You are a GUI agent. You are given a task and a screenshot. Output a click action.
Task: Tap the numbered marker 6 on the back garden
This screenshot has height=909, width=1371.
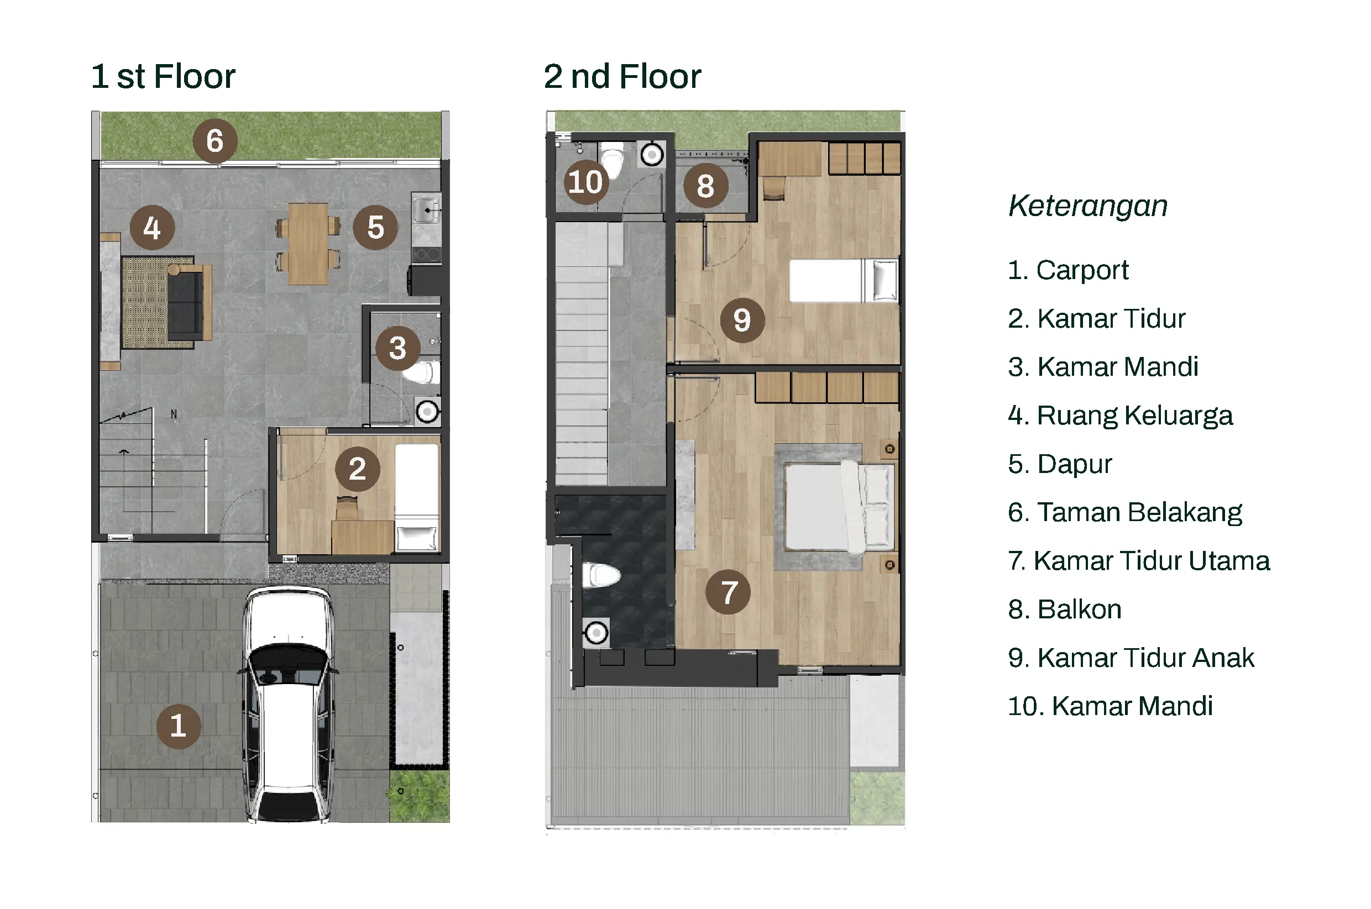click(214, 140)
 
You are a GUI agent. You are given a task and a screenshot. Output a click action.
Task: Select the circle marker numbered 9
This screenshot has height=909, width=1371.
click(742, 320)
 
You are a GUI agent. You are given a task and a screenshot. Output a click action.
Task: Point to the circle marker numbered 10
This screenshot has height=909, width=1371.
click(586, 182)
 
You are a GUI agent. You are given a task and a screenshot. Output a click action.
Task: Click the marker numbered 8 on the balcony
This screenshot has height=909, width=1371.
click(705, 186)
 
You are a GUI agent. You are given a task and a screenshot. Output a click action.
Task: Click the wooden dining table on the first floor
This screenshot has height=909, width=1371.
click(308, 244)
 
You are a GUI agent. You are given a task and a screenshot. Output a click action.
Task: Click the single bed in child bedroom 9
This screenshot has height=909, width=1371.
click(844, 280)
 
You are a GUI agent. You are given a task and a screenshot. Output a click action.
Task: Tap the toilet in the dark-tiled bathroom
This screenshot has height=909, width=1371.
click(601, 575)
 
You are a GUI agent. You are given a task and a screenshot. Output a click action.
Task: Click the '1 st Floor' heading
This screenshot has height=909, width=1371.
click(163, 76)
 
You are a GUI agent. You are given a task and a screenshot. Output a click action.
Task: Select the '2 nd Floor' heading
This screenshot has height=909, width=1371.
click(622, 76)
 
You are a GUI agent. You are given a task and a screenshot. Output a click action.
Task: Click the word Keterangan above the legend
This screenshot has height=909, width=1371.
click(1087, 206)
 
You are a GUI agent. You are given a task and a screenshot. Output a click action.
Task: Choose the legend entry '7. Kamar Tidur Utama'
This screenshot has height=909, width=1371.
click(1138, 560)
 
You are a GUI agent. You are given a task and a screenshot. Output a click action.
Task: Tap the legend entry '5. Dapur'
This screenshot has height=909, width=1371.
click(1060, 464)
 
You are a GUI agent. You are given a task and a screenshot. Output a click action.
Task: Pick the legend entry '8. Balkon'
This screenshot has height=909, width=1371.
click(1064, 609)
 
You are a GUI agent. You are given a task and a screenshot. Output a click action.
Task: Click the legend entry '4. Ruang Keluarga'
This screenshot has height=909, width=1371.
click(1120, 416)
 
